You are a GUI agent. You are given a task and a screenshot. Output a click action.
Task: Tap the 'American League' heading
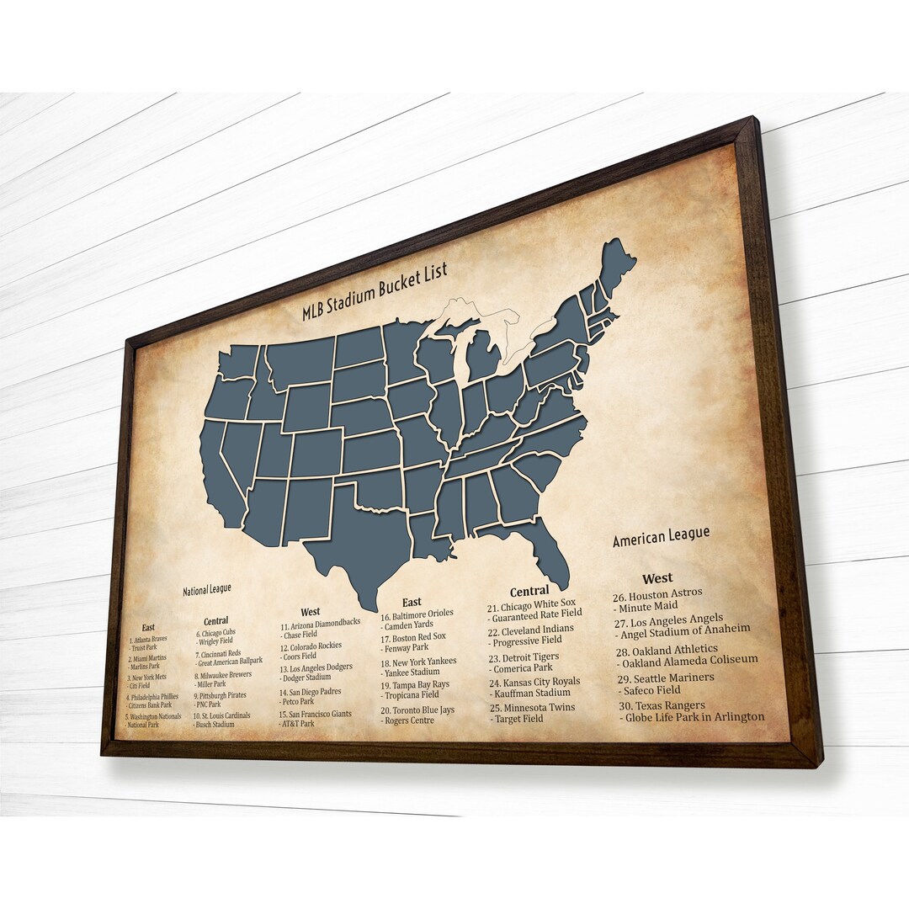point(661,536)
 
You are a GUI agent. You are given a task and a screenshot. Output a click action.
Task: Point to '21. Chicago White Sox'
point(532,606)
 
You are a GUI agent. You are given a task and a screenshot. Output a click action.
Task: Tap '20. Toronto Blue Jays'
point(417,710)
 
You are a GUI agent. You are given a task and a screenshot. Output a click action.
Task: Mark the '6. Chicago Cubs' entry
point(215,633)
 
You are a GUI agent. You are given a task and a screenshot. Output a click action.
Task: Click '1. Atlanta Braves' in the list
point(148,639)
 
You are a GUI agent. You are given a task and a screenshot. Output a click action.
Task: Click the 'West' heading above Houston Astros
point(657,578)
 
